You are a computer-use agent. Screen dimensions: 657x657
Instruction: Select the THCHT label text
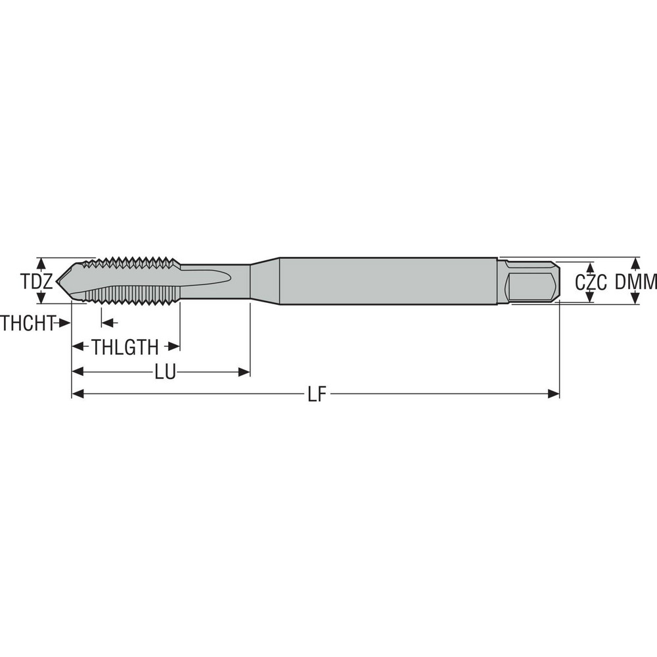(26, 323)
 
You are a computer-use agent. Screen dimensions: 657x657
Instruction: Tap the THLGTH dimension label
(125, 347)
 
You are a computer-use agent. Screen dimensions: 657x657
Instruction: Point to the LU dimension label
(165, 373)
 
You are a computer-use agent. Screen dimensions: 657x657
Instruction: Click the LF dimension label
(317, 394)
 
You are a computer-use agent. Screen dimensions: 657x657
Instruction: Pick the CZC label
(589, 283)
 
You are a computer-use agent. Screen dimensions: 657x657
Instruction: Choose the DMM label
(636, 282)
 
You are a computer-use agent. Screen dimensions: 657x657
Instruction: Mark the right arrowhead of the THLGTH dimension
(174, 347)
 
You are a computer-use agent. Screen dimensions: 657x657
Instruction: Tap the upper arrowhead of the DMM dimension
(635, 262)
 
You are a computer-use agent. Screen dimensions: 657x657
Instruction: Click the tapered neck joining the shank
(264, 281)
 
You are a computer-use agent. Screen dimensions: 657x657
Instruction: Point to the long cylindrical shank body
(388, 281)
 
